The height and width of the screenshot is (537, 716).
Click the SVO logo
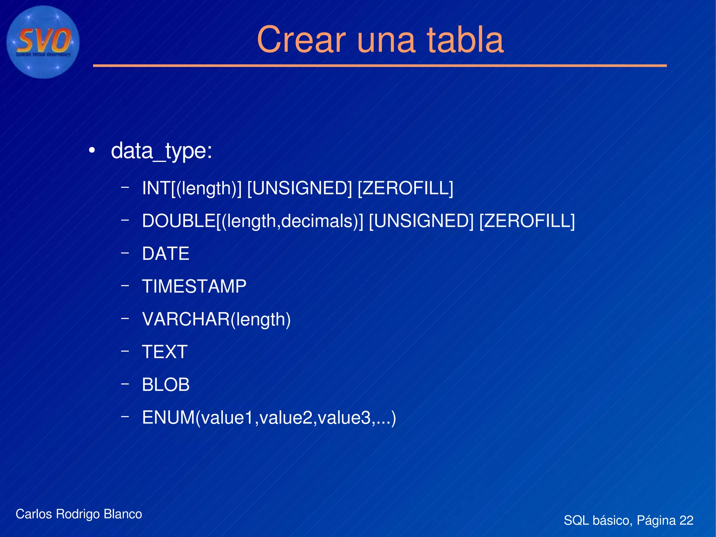point(43,42)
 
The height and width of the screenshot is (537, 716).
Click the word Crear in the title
point(301,40)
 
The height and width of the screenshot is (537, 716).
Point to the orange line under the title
point(379,65)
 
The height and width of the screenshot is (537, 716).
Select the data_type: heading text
point(161,151)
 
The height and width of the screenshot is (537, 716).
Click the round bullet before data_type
point(92,151)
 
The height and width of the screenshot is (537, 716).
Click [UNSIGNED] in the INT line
point(299,188)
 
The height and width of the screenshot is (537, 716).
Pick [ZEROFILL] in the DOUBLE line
point(527,221)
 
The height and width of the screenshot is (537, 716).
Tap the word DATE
point(165,254)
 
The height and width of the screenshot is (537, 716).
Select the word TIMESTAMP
point(194,287)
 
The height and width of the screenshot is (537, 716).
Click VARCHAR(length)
point(216,319)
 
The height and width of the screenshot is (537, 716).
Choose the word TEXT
point(165,352)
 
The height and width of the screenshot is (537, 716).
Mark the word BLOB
point(165,385)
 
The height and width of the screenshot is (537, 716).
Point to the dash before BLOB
point(124,384)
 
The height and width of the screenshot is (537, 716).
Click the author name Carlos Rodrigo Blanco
point(79,514)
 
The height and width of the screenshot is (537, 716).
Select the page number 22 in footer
point(686,520)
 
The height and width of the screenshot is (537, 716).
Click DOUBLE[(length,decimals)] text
point(252,221)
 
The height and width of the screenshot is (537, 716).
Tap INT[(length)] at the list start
point(192,188)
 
